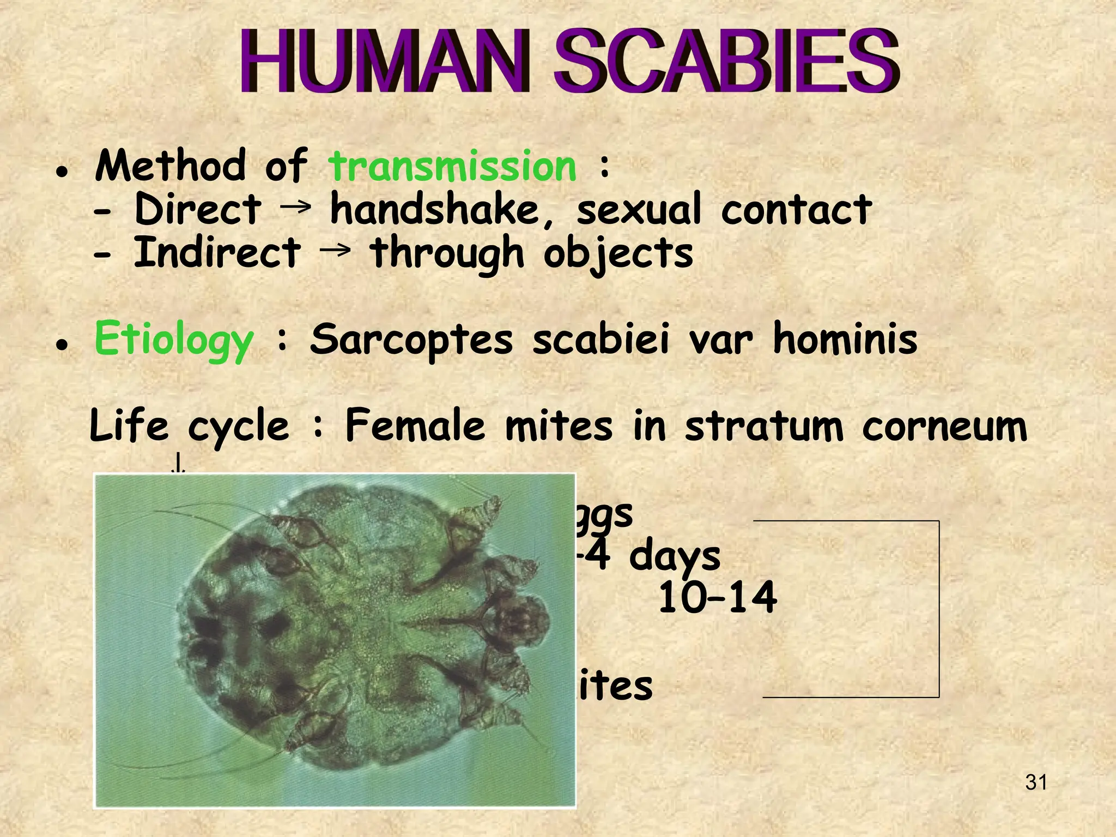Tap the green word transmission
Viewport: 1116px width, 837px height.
452,166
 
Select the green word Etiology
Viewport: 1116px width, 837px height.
173,339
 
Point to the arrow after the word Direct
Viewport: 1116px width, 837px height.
297,206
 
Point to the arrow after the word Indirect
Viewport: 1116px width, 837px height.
335,250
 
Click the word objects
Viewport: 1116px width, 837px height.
618,254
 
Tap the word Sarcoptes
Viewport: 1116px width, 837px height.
411,339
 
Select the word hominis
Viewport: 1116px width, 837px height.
845,339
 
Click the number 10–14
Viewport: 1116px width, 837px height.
717,598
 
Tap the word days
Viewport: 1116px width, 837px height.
675,557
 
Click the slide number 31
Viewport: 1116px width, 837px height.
1036,783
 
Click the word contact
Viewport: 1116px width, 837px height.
796,210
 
